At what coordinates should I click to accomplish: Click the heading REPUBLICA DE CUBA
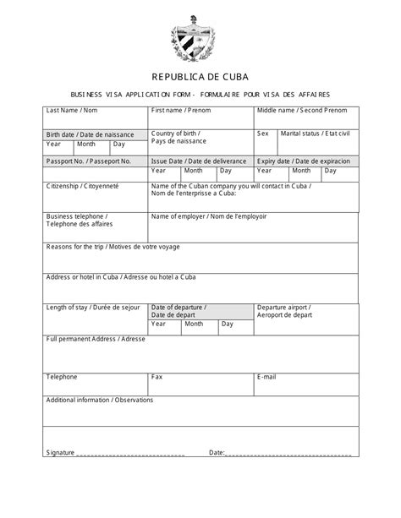click(200, 74)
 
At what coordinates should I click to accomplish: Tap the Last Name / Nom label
click(72, 111)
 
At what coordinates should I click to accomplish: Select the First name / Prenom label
click(180, 111)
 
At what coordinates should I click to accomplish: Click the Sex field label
click(262, 134)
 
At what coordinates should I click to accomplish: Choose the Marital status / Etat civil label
click(315, 134)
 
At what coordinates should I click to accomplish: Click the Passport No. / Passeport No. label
click(88, 161)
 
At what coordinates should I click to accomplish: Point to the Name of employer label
click(209, 215)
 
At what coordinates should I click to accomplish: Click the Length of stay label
click(90, 307)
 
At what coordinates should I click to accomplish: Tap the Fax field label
click(157, 376)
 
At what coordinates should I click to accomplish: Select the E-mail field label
click(266, 376)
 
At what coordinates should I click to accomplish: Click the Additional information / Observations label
click(99, 399)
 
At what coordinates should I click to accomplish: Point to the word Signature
click(61, 452)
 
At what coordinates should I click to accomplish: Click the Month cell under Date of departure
click(194, 324)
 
